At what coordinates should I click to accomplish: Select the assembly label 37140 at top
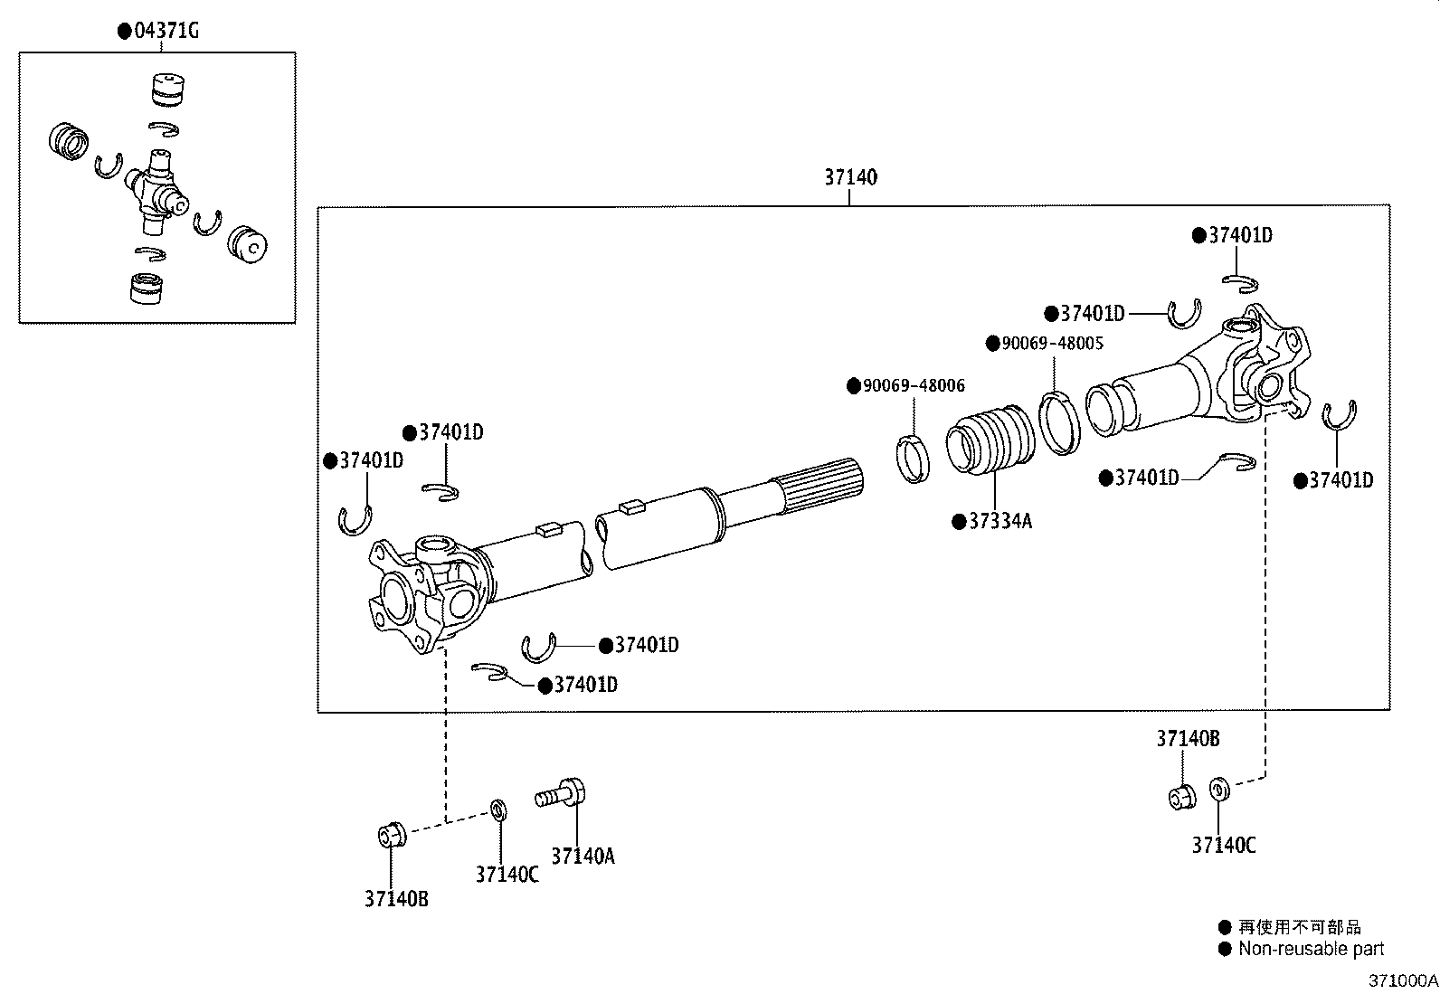point(849,178)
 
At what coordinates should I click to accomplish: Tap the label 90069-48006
point(914,386)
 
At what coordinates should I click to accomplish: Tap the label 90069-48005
point(1052,344)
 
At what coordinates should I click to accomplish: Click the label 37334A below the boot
point(999,522)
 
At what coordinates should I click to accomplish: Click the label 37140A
point(583,856)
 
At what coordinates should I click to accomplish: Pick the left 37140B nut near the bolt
point(391,834)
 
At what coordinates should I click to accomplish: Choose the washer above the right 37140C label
point(1218,789)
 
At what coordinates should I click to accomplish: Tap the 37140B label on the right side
point(1187,739)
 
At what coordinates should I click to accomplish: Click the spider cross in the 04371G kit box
point(156,186)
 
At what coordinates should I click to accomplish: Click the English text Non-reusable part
point(1311,949)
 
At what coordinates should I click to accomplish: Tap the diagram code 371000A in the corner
point(1401,980)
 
